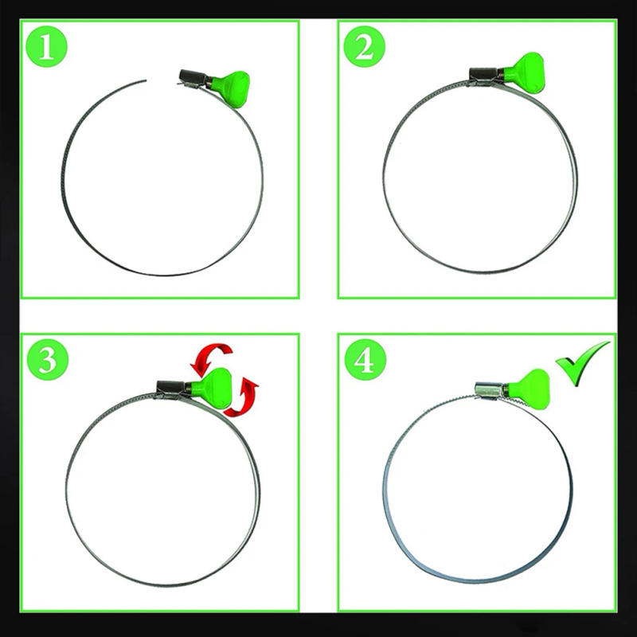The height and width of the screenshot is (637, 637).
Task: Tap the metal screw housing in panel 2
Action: click(485, 76)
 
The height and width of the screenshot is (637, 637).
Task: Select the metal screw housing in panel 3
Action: click(172, 389)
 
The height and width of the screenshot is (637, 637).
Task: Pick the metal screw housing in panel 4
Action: click(489, 390)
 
